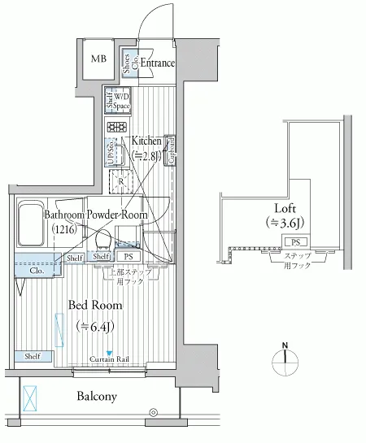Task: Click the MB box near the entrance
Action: coord(98,59)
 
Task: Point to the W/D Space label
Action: coord(121,102)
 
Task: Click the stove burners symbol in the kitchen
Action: coord(115,127)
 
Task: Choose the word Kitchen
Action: coord(146,141)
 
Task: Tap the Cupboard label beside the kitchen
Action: coord(171,150)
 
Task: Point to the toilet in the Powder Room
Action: coord(103,238)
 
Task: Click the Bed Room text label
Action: coord(95,306)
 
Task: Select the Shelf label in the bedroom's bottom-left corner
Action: coord(33,356)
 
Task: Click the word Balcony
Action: coord(97,397)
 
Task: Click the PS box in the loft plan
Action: coord(294,242)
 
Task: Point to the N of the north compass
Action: coord(285,345)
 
